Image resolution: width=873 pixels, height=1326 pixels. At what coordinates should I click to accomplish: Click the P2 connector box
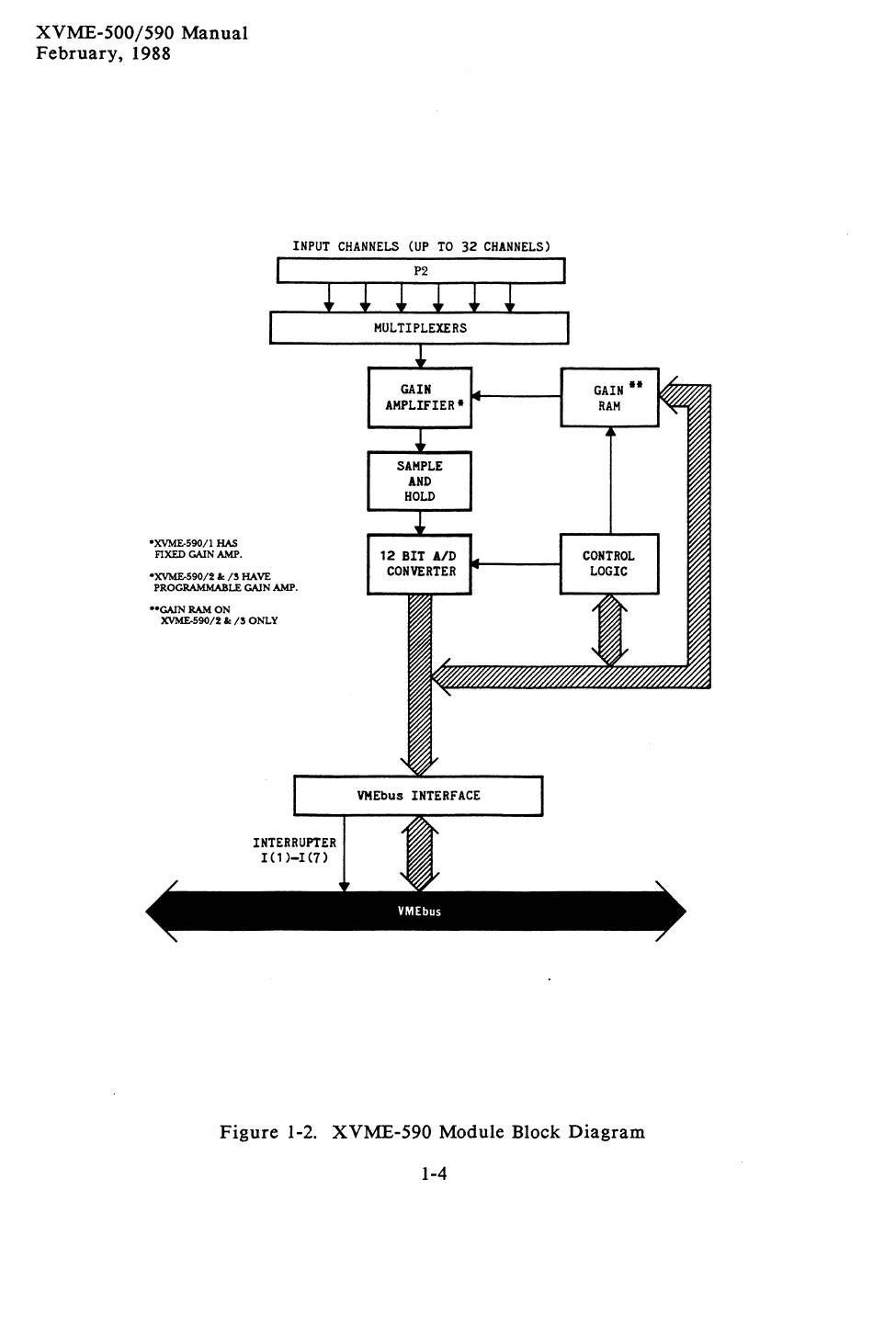(x=421, y=271)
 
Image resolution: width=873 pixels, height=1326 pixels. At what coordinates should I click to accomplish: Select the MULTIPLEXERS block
(x=419, y=328)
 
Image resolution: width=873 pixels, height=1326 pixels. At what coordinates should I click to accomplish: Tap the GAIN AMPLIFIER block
(x=419, y=398)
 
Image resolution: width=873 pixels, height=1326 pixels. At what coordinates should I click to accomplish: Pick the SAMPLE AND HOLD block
(x=419, y=481)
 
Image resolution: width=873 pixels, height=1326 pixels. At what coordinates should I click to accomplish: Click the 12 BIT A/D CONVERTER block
(x=419, y=563)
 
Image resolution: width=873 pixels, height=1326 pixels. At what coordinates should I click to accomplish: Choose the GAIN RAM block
(x=609, y=398)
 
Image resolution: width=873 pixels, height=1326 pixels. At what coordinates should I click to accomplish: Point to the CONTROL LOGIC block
(x=609, y=563)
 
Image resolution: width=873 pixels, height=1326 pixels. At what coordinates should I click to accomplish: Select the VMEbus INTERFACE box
(x=418, y=796)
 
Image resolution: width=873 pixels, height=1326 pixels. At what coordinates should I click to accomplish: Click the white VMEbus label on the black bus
(x=419, y=912)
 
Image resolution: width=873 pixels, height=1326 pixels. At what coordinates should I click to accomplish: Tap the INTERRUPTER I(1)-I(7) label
(x=294, y=850)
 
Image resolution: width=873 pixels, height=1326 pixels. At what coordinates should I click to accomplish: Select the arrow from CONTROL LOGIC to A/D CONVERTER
(x=516, y=564)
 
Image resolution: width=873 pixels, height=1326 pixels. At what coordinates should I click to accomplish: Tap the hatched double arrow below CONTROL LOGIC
(x=610, y=630)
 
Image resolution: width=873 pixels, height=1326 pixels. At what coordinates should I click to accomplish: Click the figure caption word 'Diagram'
(x=607, y=1132)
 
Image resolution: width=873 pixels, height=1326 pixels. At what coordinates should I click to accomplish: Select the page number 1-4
(x=434, y=1173)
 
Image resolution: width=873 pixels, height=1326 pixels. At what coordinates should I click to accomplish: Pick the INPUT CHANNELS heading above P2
(x=421, y=246)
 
